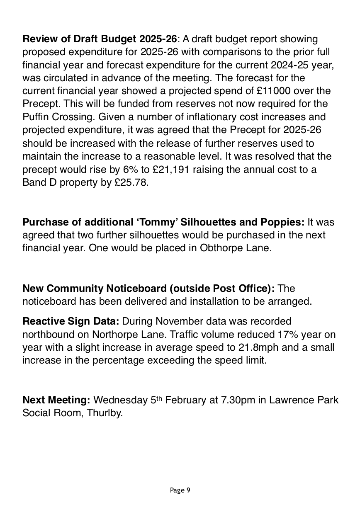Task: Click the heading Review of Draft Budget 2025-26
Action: coord(100,39)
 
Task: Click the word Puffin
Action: coord(36,117)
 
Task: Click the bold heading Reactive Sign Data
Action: coord(71,321)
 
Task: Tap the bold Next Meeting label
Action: coord(56,400)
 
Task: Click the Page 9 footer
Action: coord(180,490)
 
